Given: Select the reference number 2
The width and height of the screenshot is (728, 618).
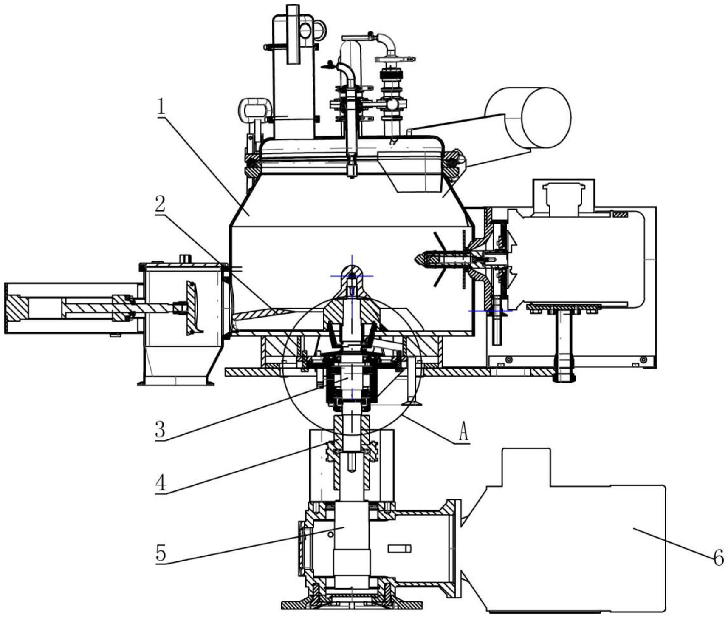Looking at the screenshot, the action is pyautogui.click(x=159, y=205).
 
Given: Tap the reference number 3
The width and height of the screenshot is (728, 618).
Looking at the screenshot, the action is pyautogui.click(x=160, y=430).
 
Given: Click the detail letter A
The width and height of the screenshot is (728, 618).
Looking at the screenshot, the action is pyautogui.click(x=463, y=433).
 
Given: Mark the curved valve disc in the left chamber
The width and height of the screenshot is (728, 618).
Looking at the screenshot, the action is pyautogui.click(x=193, y=306).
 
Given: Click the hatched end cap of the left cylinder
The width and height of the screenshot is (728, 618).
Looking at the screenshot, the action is pyautogui.click(x=17, y=308).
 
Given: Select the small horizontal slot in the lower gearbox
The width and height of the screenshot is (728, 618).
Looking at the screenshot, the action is pyautogui.click(x=399, y=549).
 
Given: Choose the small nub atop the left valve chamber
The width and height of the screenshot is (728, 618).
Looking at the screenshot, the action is pyautogui.click(x=184, y=258).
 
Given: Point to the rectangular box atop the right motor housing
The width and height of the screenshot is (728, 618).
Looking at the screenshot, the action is pyautogui.click(x=563, y=195).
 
